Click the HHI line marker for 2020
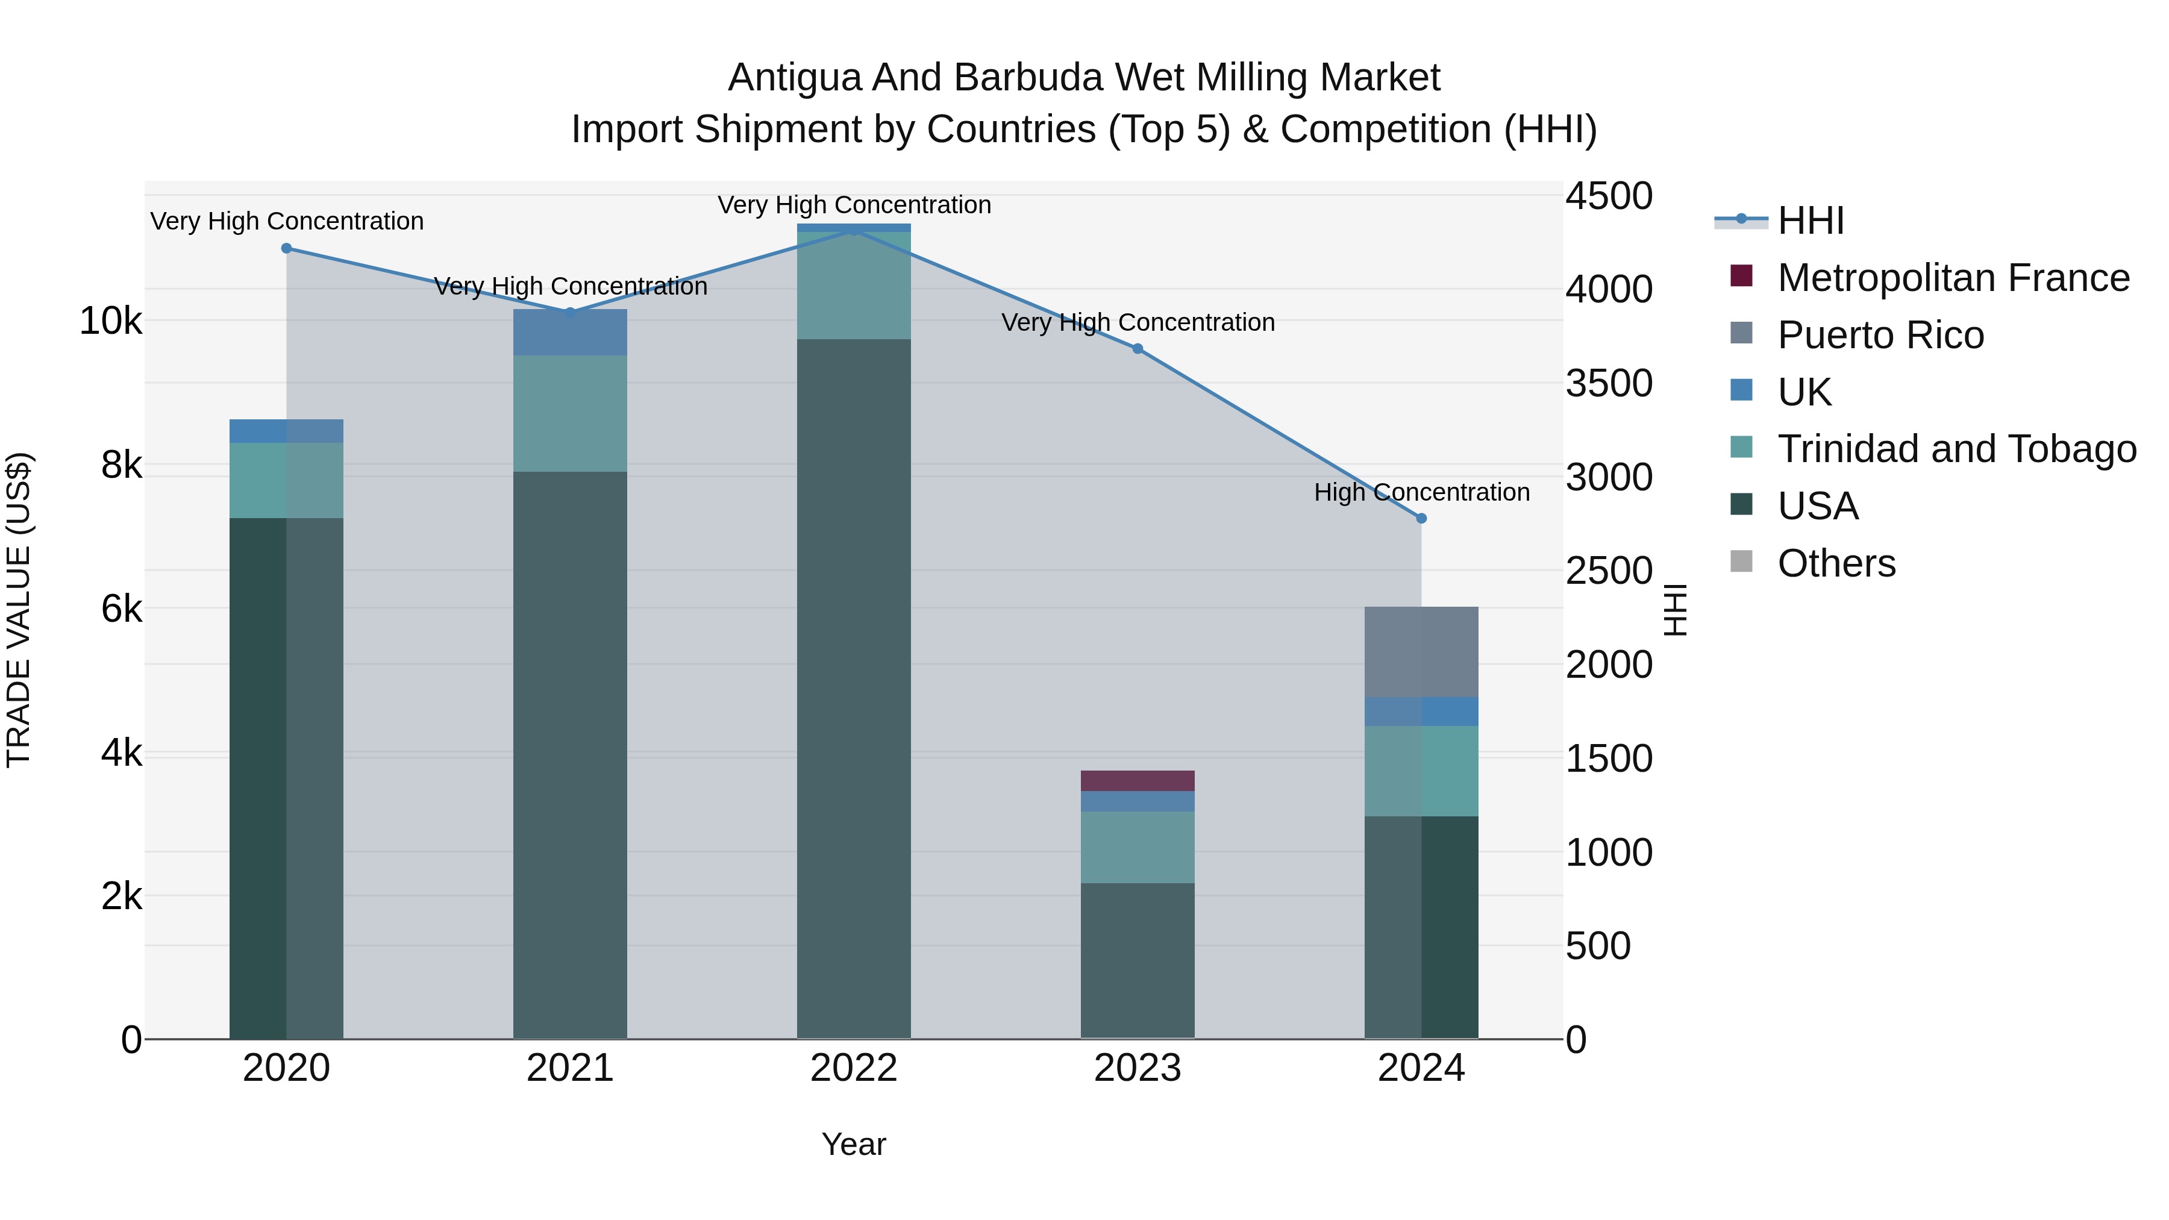[x=286, y=248]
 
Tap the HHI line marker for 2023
[x=1138, y=349]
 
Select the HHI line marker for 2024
[x=1422, y=519]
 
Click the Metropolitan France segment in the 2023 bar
[x=1138, y=780]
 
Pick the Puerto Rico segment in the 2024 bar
[x=1421, y=652]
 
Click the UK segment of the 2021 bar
[x=570, y=333]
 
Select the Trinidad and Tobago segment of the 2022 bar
[x=854, y=286]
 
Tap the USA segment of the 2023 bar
[x=1138, y=960]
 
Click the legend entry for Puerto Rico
[x=1880, y=335]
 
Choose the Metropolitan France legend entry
[x=1953, y=278]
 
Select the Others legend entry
[x=1836, y=563]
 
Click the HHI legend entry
[x=1811, y=221]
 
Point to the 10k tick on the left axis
[x=110, y=321]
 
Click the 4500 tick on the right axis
[x=1608, y=196]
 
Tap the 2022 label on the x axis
[x=854, y=1068]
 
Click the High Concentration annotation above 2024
[x=1421, y=493]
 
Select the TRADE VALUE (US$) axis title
[x=19, y=610]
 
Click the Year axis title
[x=854, y=1144]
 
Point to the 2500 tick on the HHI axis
[x=1608, y=571]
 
